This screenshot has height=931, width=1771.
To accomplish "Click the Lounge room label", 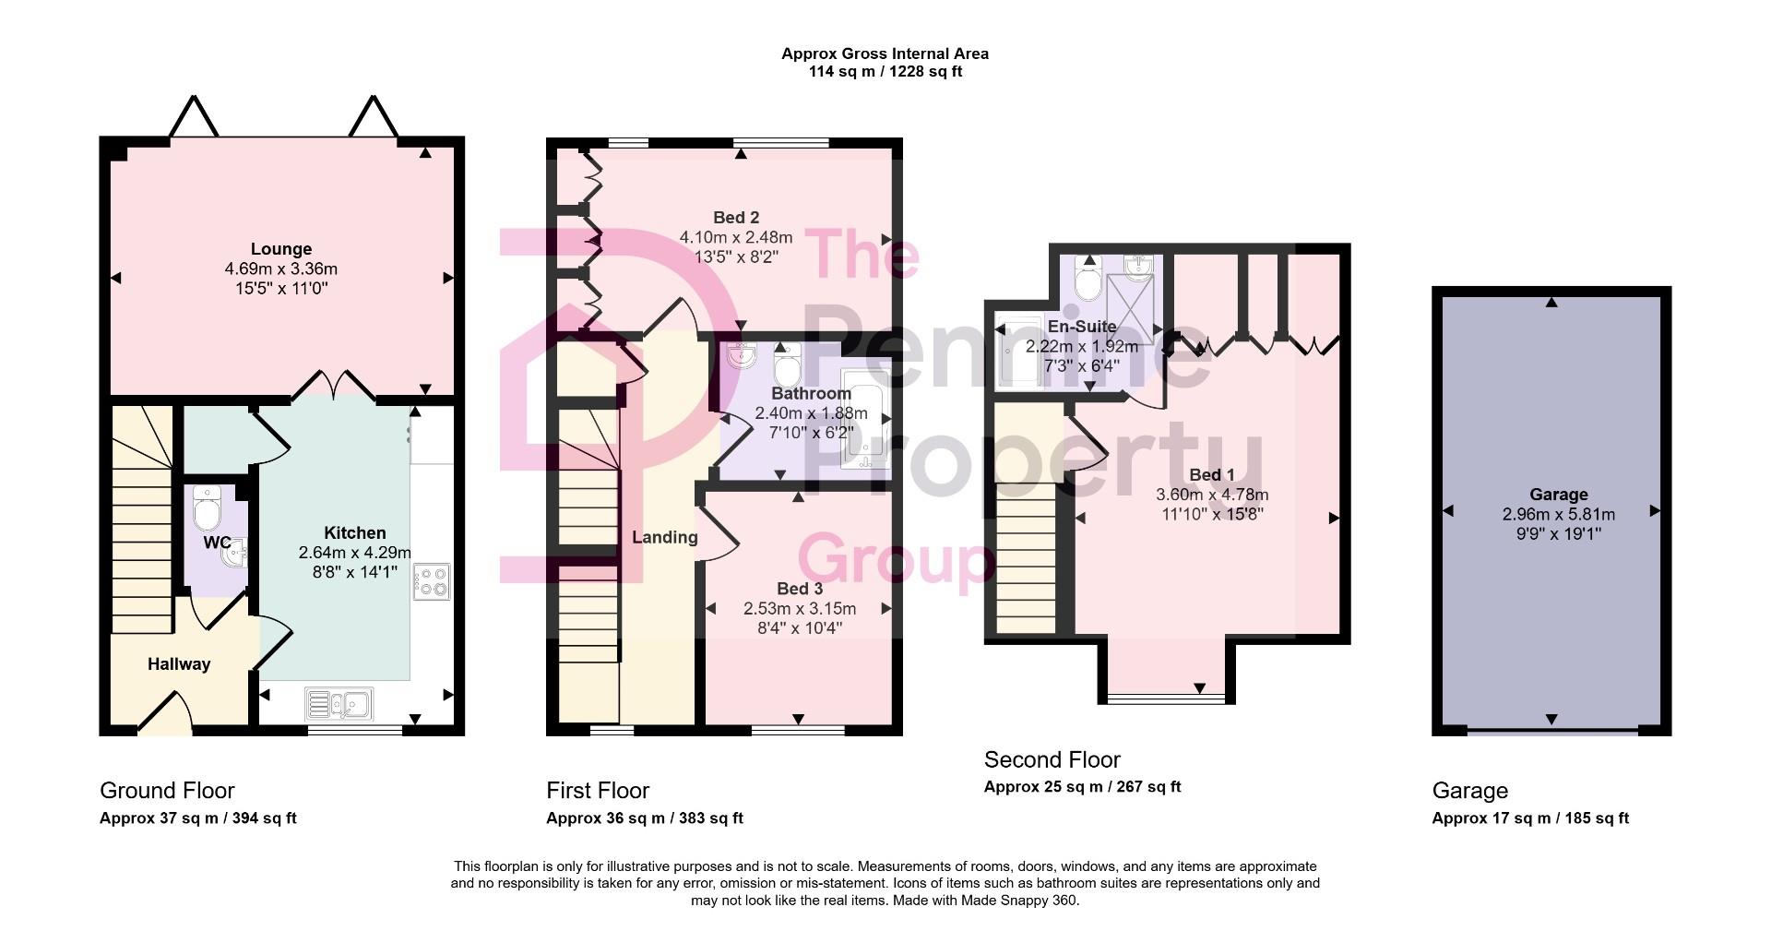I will point(281,249).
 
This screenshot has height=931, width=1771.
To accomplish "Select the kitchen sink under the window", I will point(339,705).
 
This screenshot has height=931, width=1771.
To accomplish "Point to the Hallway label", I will point(179,664).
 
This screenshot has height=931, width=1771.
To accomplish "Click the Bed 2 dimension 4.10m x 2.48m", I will point(735,237).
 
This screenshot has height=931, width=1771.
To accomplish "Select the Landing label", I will point(664,537).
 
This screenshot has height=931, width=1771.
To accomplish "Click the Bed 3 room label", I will point(799,589).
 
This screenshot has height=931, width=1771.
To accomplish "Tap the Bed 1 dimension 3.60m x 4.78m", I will point(1211,495).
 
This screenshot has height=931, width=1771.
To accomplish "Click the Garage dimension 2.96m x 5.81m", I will point(1558,514).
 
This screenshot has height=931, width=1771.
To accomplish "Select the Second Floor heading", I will point(1052,759).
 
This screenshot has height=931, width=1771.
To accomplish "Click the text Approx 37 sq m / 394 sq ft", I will point(197,818).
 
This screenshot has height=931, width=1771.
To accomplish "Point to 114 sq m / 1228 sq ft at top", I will point(885,72).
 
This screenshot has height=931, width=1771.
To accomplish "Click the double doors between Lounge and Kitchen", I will point(334,386).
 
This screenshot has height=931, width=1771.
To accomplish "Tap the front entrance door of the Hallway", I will point(166,715).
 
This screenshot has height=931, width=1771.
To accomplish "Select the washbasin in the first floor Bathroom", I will point(741,355).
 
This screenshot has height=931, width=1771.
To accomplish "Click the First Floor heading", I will point(598,791).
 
